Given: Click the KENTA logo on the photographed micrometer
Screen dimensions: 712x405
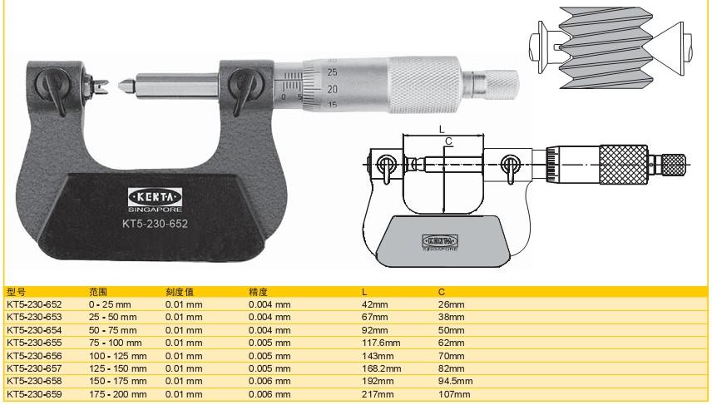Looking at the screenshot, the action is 155,197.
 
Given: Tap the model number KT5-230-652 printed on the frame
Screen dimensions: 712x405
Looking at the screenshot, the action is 155,224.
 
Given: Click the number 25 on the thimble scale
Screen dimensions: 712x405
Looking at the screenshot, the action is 333,72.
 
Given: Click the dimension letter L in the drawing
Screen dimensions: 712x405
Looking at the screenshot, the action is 442,130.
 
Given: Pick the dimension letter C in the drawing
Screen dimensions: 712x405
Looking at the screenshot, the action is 448,141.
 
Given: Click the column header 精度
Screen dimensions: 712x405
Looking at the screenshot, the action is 258,292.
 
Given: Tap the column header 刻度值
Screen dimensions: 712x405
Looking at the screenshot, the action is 180,292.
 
